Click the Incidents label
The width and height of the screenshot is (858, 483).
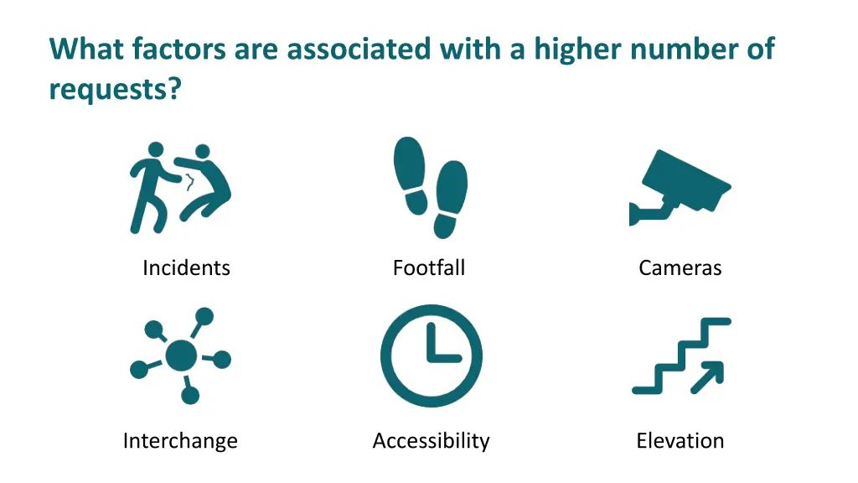point(186,268)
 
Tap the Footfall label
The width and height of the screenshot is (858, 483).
point(428,268)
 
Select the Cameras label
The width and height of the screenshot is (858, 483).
point(680,268)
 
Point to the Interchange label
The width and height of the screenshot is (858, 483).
point(180,441)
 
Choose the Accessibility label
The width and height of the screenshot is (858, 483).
point(431,441)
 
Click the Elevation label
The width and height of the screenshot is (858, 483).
point(680,441)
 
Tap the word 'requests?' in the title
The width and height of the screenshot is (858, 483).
point(115,87)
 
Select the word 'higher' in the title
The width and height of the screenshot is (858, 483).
point(578,49)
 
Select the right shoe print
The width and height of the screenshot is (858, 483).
point(450,199)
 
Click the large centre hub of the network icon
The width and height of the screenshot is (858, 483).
point(181,356)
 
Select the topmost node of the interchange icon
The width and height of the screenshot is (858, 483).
point(204,316)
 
